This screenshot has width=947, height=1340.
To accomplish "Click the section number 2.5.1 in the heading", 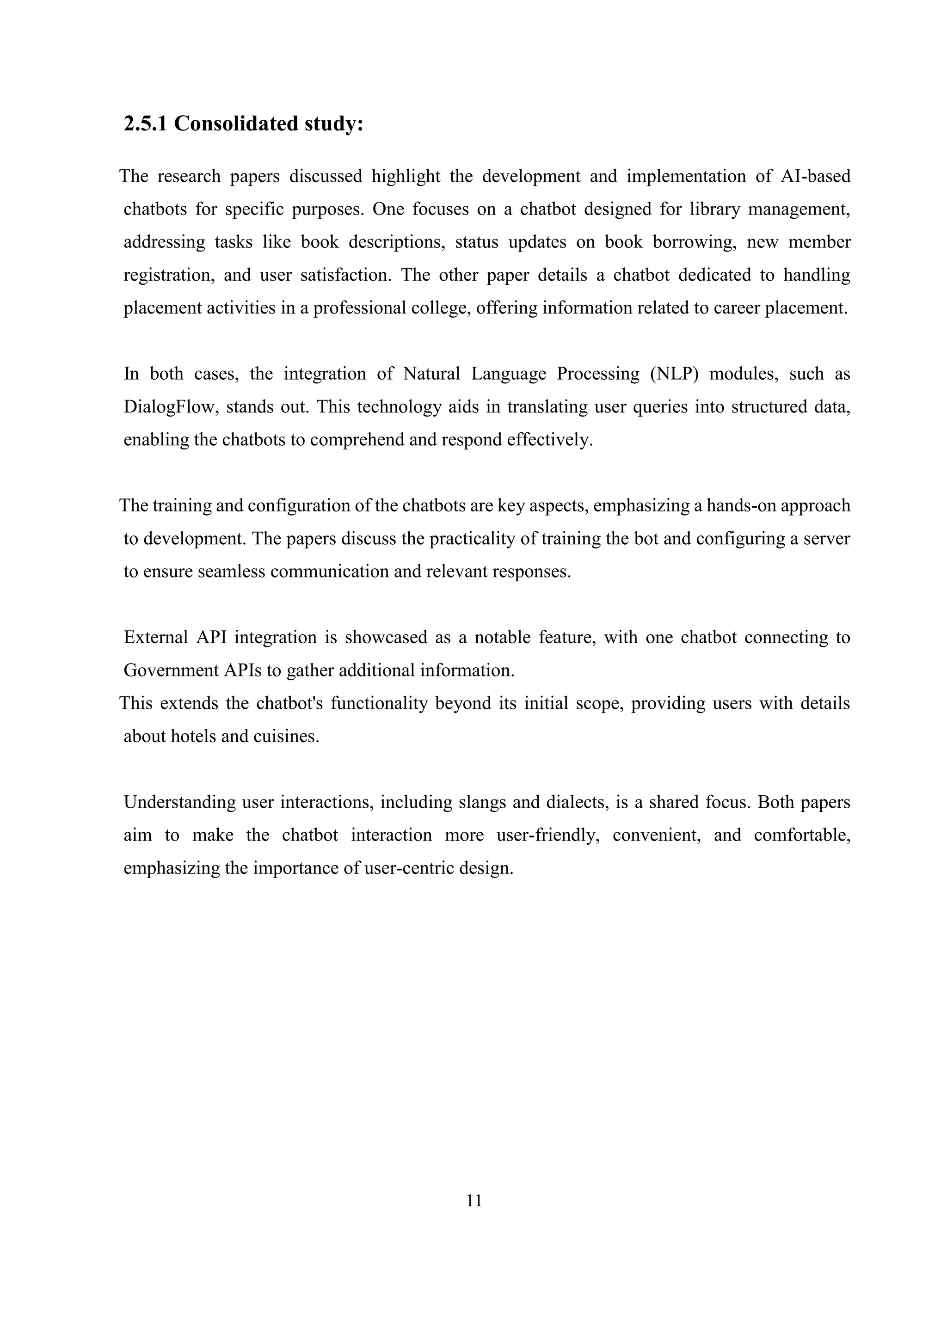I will point(145,124).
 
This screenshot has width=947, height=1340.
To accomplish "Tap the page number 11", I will point(474,1200).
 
